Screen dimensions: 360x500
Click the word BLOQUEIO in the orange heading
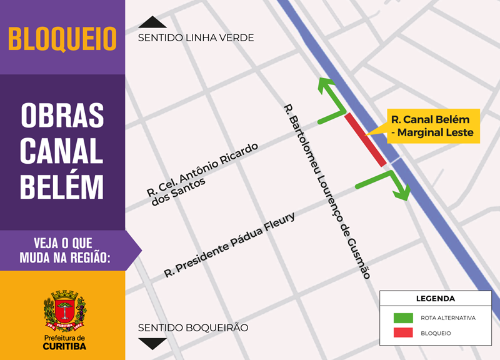pos(62,39)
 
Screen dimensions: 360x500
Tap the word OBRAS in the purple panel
pos(62,116)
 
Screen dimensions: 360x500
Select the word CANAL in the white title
pos(62,151)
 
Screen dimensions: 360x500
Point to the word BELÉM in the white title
pos(62,186)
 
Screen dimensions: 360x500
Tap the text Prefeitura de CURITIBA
pos(65,342)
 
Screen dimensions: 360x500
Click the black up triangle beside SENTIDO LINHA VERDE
pos(152,22)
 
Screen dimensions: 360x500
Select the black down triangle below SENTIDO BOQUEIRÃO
pos(152,343)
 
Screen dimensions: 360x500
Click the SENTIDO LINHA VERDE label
pos(196,37)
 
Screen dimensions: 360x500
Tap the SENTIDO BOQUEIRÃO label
pos(193,327)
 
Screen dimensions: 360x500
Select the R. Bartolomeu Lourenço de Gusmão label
pos(327,191)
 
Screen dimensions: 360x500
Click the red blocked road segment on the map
pos(366,140)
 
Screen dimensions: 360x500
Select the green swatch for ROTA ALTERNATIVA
pos(403,317)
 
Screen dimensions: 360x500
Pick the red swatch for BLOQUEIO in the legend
pos(403,333)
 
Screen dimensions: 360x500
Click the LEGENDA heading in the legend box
pos(436,299)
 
